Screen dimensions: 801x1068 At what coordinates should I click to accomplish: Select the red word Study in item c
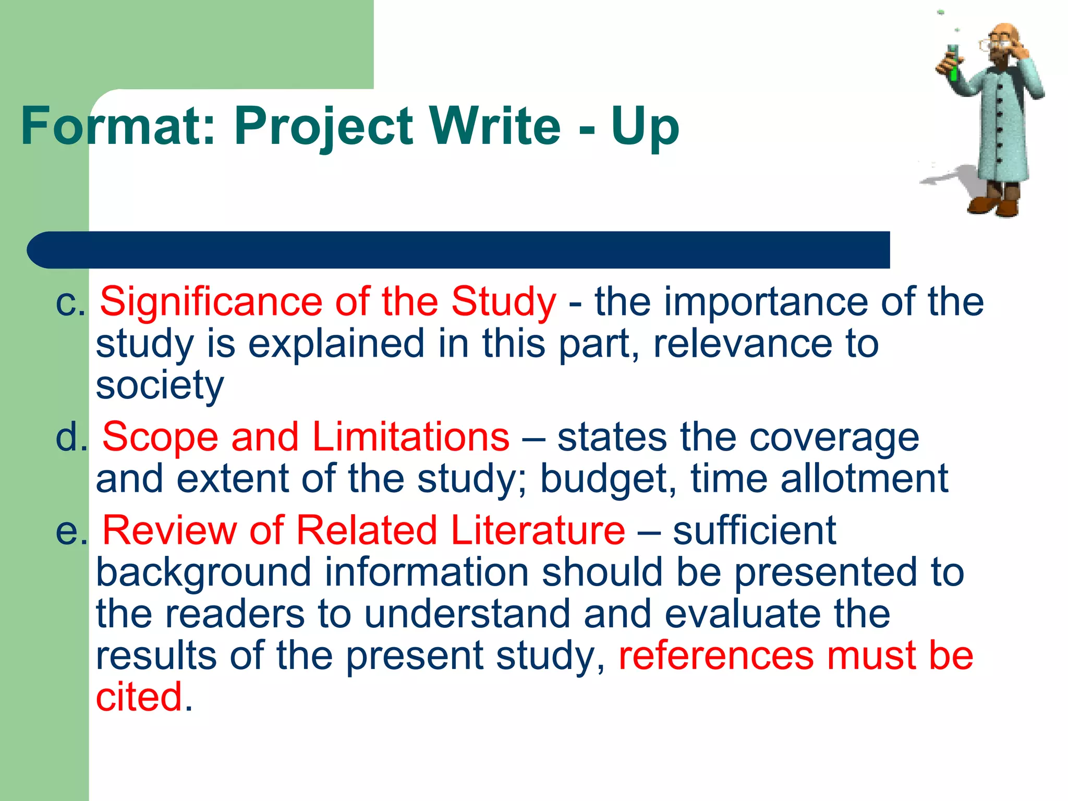504,302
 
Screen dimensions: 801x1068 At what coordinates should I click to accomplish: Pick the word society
160,386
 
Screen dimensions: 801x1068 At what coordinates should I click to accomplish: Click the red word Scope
160,437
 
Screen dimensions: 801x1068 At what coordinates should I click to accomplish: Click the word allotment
864,478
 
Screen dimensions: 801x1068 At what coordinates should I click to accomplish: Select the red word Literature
538,530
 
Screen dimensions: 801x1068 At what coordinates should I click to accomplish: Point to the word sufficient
755,530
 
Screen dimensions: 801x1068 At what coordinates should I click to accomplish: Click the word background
204,573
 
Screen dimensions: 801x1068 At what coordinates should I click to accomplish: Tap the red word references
716,656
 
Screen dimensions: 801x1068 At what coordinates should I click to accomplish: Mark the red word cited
139,697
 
